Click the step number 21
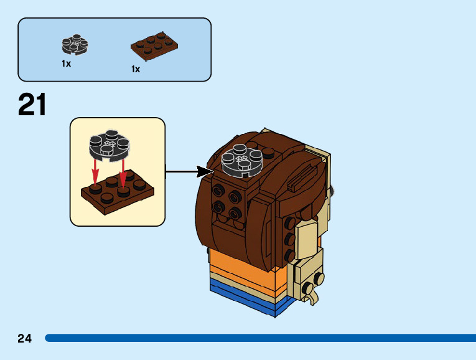[x=32, y=105]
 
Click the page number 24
[x=24, y=338]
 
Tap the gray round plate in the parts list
[x=75, y=44]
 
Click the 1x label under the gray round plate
[x=66, y=64]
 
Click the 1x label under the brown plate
[x=136, y=69]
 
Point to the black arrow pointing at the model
[x=189, y=170]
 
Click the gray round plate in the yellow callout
[x=110, y=144]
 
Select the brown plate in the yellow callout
[x=118, y=194]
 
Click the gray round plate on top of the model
[x=241, y=159]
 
